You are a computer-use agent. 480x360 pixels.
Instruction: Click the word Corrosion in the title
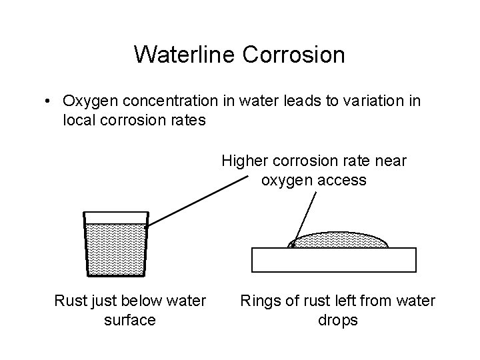click(293, 55)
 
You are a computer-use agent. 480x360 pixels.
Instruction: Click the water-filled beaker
click(115, 249)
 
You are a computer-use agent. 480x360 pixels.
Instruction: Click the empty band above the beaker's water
click(115, 217)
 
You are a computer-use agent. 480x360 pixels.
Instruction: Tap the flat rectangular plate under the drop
click(333, 260)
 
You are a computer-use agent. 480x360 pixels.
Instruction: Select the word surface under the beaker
click(130, 320)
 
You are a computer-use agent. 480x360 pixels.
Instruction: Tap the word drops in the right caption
click(338, 320)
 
